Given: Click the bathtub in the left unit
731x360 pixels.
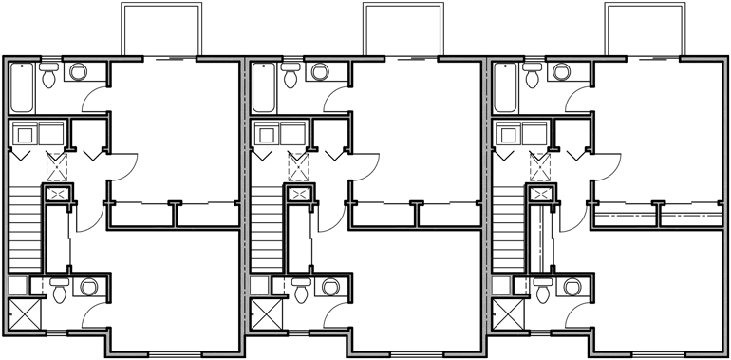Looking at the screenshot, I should click(x=23, y=87).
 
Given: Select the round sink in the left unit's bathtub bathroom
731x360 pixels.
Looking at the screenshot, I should click(x=78, y=71).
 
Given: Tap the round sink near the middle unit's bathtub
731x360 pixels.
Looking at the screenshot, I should click(x=320, y=71).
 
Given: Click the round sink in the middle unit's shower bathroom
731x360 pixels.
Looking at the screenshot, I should click(x=330, y=287).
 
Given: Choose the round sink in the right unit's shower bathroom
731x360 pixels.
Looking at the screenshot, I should click(x=573, y=287).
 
